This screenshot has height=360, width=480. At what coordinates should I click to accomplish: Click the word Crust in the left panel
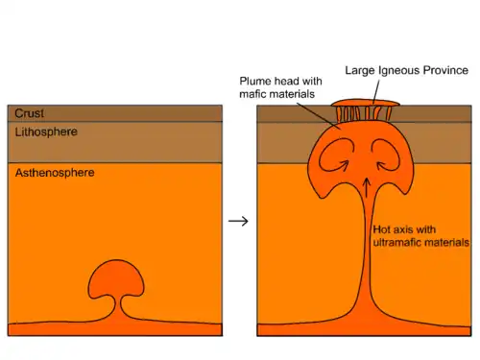tap(29, 113)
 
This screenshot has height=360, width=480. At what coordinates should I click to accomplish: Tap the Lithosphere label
tap(46, 132)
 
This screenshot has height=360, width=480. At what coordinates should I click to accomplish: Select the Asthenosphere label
tap(55, 173)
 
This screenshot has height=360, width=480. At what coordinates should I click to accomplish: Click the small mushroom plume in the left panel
tap(116, 279)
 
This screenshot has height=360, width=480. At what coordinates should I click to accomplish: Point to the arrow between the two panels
tap(238, 221)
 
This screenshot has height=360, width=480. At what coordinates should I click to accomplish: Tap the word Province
tap(445, 70)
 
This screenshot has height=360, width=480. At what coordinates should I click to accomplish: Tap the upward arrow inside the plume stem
tap(367, 187)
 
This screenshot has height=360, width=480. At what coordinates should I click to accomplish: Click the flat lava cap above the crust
tap(366, 103)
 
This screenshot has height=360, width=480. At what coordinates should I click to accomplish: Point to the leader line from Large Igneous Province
tap(376, 92)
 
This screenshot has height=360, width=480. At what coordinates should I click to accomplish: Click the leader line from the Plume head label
tap(319, 116)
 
